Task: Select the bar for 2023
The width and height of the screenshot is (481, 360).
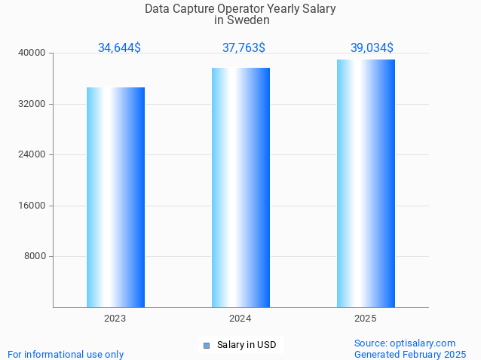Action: (115, 197)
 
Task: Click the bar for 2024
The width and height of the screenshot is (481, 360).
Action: (240, 188)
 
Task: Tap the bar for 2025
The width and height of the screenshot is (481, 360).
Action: (366, 183)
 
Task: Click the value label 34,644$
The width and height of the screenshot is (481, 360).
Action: (119, 48)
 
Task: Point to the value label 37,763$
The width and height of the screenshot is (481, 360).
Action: (244, 48)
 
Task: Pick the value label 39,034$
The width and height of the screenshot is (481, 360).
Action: (372, 48)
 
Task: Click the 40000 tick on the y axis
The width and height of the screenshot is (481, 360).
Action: (32, 53)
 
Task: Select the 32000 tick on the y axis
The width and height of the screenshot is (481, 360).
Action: (32, 104)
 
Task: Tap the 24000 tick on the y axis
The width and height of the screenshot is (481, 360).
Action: (32, 154)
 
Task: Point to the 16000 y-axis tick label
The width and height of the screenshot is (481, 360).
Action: (32, 206)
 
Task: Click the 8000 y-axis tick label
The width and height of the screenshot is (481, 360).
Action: (35, 256)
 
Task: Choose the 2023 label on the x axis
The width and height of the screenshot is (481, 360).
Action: (115, 319)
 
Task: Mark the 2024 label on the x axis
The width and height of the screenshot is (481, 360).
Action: (240, 319)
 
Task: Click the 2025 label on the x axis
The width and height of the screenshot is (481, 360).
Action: (366, 319)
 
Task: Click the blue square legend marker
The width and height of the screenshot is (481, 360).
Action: (207, 346)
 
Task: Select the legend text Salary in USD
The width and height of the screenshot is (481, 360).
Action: (247, 345)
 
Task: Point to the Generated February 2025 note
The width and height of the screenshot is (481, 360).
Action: (410, 354)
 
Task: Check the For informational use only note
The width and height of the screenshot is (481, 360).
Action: (66, 354)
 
